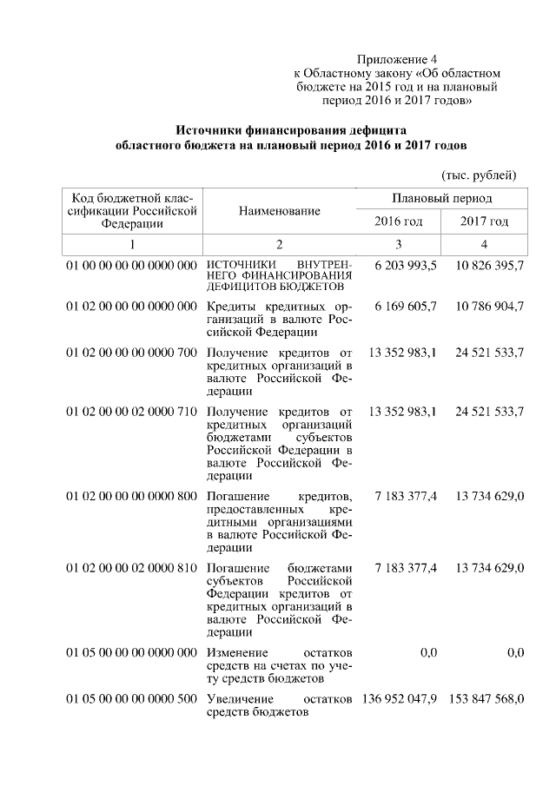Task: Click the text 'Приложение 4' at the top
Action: point(397,60)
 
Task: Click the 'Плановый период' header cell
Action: point(441,199)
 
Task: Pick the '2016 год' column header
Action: point(398,221)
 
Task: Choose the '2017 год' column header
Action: point(484,221)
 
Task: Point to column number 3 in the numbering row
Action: point(398,245)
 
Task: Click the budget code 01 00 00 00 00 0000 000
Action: point(132,264)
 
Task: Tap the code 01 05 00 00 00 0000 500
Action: point(132,699)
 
